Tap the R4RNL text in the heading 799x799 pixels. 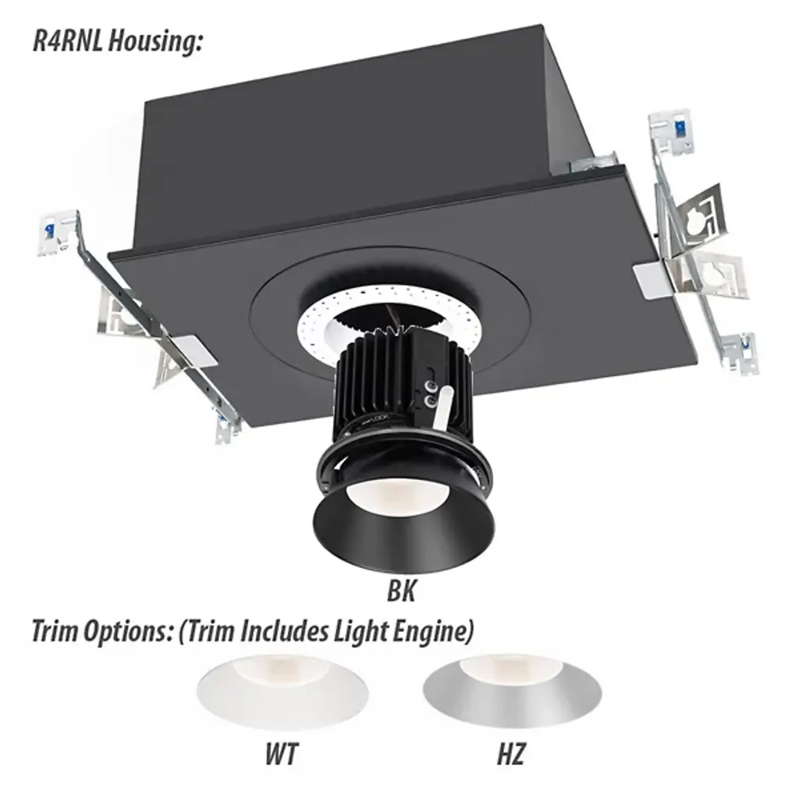coord(69,40)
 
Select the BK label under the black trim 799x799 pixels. coord(402,591)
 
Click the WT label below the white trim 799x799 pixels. coord(281,754)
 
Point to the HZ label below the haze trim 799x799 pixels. coord(511,754)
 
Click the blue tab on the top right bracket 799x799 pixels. coord(680,127)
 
